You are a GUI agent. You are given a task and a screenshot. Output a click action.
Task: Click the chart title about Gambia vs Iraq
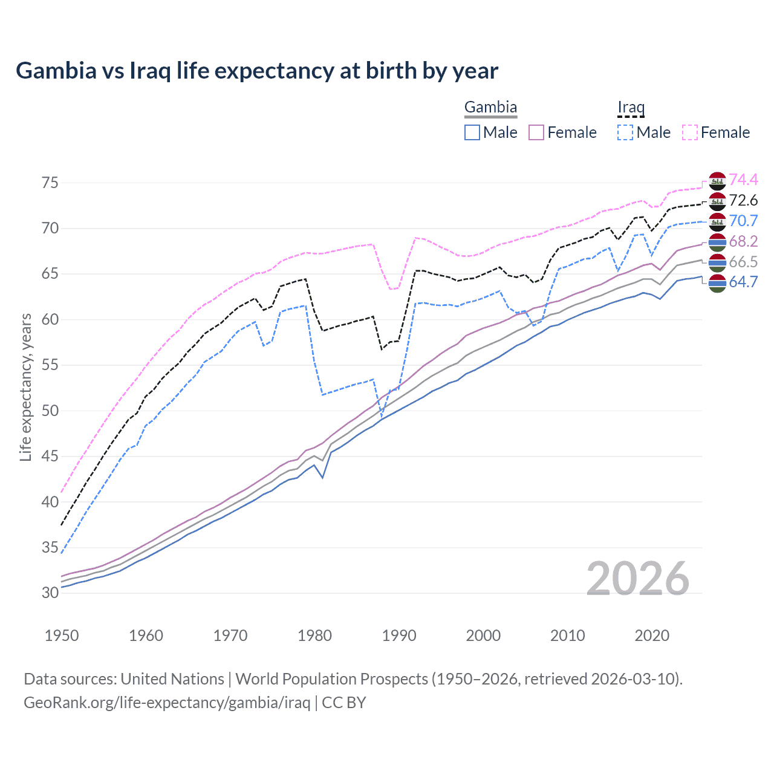[x=257, y=71]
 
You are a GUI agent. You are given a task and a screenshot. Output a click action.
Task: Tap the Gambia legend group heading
[x=490, y=108]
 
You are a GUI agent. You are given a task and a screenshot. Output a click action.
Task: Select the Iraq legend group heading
[x=631, y=108]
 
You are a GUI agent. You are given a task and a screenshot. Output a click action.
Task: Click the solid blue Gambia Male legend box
[x=472, y=132]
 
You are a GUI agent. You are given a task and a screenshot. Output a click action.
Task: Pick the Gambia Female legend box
[x=537, y=132]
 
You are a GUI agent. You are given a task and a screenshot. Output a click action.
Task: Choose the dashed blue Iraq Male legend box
[x=625, y=132]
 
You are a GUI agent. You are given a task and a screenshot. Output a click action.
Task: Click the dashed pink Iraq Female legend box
[x=690, y=132]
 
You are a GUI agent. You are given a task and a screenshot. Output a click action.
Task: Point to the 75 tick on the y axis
[x=50, y=183]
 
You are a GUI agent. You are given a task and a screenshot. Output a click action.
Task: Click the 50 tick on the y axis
[x=50, y=411]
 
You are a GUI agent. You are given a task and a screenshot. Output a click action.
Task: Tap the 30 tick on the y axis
[x=50, y=593]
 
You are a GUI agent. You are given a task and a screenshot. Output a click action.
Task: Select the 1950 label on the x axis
[x=62, y=636]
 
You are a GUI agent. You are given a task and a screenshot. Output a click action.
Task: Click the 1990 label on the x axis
[x=399, y=636]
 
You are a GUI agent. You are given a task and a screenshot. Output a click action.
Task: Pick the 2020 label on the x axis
[x=652, y=636]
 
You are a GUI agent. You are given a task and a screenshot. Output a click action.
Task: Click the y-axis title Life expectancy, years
[x=25, y=387]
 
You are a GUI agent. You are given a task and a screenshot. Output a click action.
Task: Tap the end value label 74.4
[x=743, y=180]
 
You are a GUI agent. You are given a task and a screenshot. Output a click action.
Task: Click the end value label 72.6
[x=743, y=200]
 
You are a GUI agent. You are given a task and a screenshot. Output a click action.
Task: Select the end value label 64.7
[x=743, y=282]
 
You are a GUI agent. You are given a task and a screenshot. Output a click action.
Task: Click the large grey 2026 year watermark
[x=638, y=579]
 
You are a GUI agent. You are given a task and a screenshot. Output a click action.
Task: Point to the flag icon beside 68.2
[x=717, y=242]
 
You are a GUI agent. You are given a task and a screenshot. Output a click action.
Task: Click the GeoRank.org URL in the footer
[x=167, y=703]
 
